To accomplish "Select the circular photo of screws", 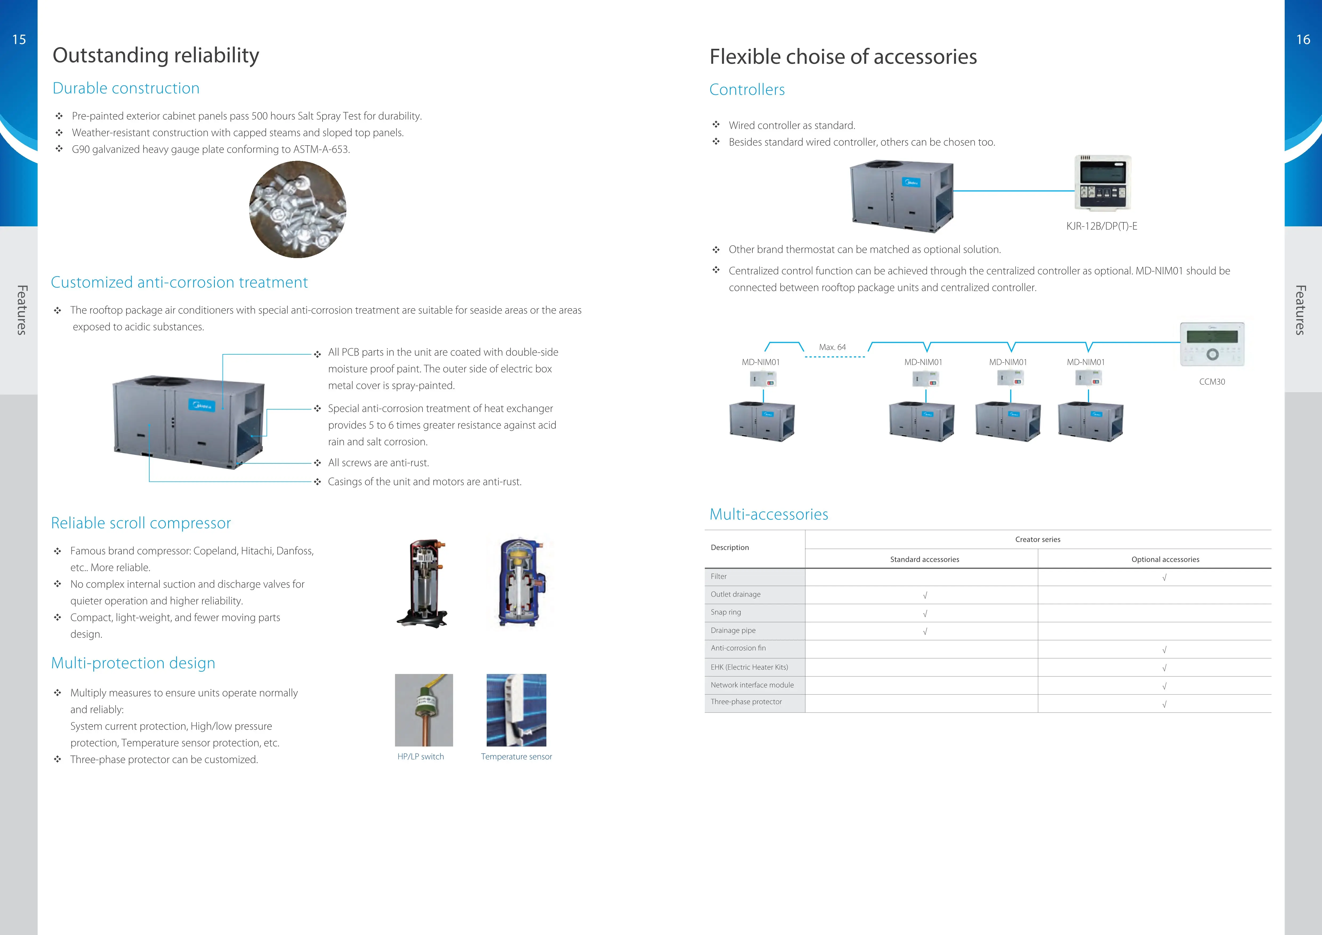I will point(298,209).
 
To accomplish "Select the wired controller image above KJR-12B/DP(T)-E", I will point(1103,183).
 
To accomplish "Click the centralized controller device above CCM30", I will point(1212,344).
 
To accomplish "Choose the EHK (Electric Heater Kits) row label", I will point(749,667).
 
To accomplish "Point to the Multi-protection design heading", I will point(133,663).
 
